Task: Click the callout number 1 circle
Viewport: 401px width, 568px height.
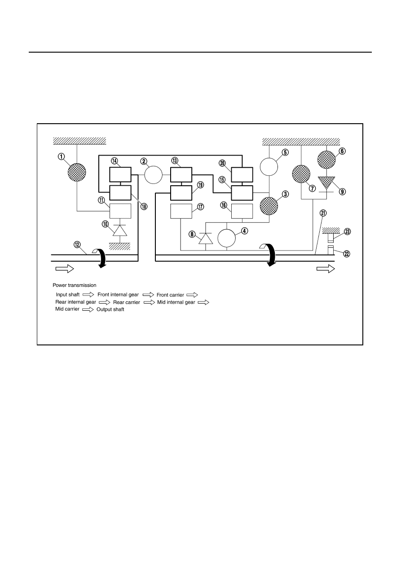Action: [x=61, y=157]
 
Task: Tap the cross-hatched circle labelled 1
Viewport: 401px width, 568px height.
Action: [x=77, y=172]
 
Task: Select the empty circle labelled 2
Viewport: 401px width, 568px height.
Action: [x=154, y=174]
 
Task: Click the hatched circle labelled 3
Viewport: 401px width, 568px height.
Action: [x=269, y=206]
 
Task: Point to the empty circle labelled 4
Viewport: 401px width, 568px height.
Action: [x=227, y=238]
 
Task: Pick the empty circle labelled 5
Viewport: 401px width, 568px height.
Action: [x=269, y=166]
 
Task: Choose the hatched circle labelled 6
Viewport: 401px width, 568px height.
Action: [x=326, y=160]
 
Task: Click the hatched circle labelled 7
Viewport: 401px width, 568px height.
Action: [x=301, y=174]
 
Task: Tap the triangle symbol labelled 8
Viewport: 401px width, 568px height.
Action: [x=206, y=238]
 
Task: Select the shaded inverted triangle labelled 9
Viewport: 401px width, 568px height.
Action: [x=326, y=183]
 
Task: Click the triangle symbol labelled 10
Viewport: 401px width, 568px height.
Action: [x=120, y=231]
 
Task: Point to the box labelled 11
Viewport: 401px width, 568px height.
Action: [x=120, y=211]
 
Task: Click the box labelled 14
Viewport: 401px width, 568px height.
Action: [x=120, y=174]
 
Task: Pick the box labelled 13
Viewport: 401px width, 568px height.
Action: [x=181, y=174]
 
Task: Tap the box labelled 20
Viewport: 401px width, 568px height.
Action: [x=242, y=174]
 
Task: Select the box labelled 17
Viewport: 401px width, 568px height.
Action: [x=181, y=211]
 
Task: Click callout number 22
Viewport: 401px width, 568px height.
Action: [x=347, y=254]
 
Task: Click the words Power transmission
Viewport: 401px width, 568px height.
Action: [x=75, y=285]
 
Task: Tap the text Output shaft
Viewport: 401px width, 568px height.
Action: [x=110, y=309]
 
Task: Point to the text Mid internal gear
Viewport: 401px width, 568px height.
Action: [x=176, y=302]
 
